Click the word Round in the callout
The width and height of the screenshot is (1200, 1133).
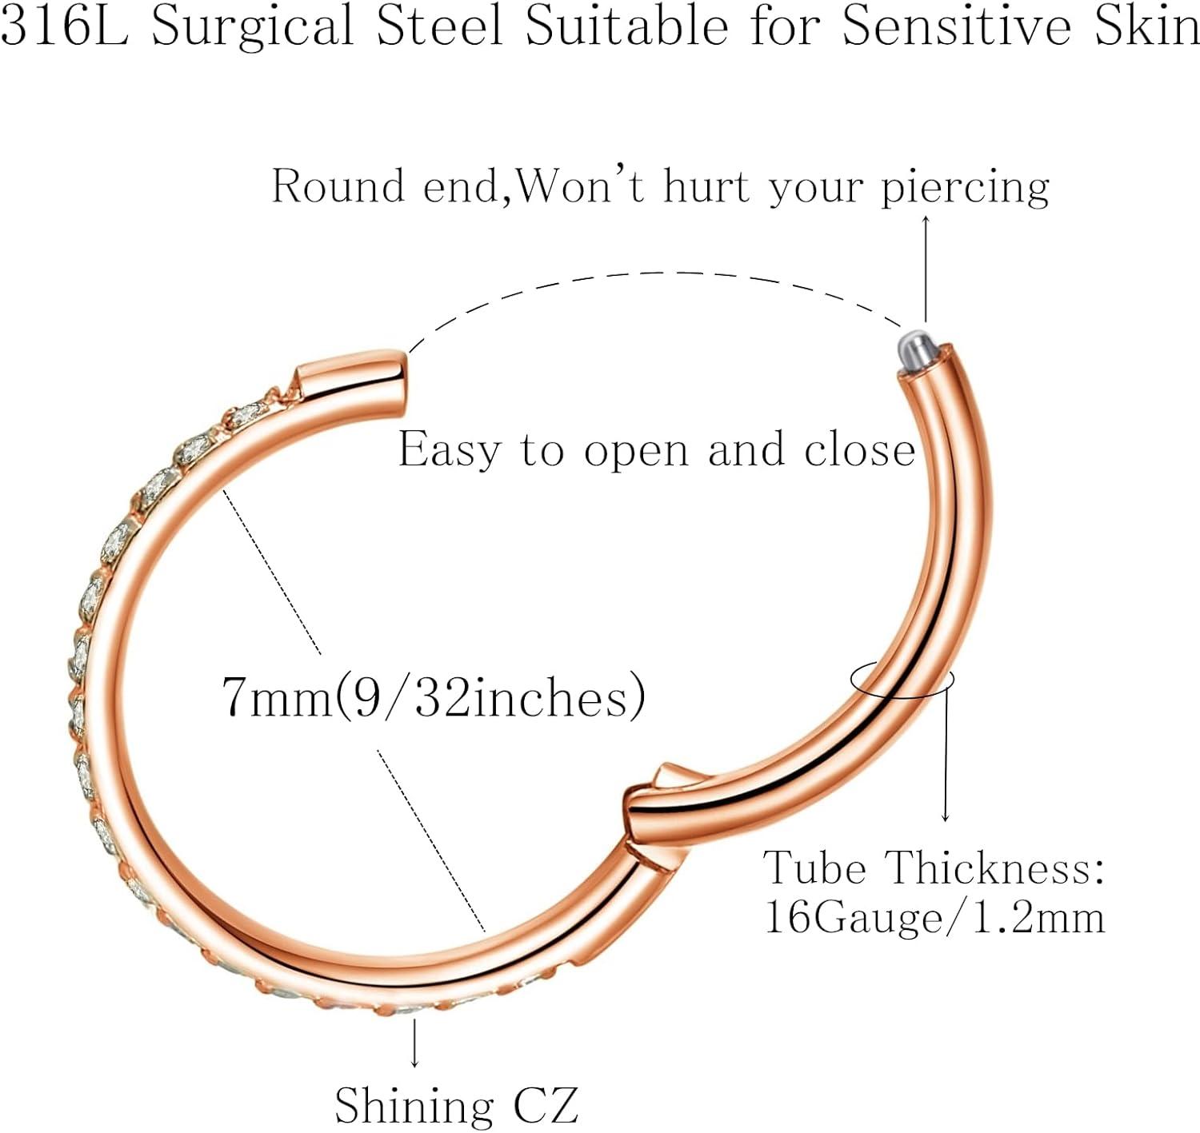point(338,186)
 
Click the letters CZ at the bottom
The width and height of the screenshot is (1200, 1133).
point(546,1104)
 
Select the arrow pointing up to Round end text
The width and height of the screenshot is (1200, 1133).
point(925,268)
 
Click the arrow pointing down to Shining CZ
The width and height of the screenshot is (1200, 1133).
point(414,1044)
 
